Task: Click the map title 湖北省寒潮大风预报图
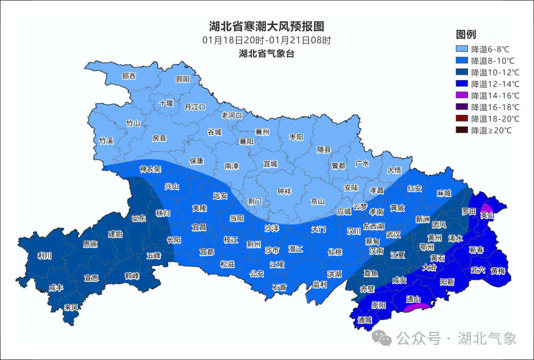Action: (x=266, y=26)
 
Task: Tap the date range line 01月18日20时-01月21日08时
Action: (x=266, y=40)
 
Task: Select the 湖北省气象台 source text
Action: (x=266, y=53)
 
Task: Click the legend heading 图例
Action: (x=466, y=35)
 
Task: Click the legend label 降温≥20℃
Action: (x=491, y=130)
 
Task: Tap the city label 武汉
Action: (x=394, y=234)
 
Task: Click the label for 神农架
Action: (x=150, y=169)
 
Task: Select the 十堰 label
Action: (x=167, y=104)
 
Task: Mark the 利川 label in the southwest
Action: (x=45, y=256)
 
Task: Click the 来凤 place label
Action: (x=71, y=307)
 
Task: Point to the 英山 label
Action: (x=487, y=215)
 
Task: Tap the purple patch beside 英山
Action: (x=486, y=208)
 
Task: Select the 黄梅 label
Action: (x=498, y=271)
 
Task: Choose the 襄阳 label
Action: (x=246, y=142)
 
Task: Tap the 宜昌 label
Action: (x=199, y=227)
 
